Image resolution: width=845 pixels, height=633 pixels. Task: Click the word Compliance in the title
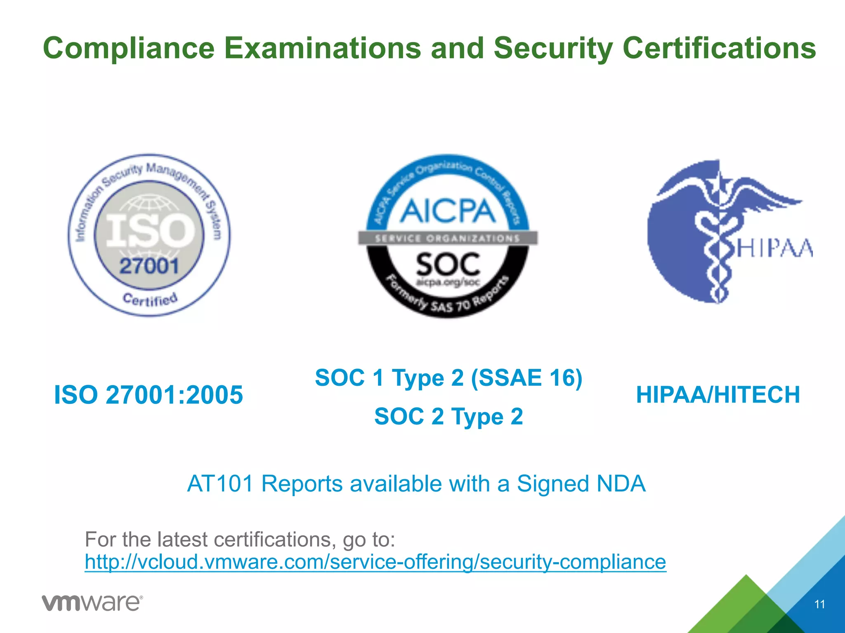click(129, 49)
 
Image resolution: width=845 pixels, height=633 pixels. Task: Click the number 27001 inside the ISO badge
click(149, 266)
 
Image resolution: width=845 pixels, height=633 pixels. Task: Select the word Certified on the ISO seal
click(150, 299)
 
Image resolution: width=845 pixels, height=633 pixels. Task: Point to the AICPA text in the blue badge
click(448, 211)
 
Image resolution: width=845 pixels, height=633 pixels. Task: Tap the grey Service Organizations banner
click(448, 238)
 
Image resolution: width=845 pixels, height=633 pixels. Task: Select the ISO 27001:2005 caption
click(149, 395)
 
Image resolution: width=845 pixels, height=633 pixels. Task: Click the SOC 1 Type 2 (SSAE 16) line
click(448, 377)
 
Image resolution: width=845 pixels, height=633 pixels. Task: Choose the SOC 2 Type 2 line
click(448, 416)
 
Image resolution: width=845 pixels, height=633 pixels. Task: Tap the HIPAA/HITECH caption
click(718, 395)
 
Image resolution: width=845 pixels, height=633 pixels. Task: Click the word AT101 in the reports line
click(220, 483)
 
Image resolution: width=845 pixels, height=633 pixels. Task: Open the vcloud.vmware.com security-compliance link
click(375, 562)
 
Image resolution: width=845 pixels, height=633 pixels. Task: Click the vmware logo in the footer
click(92, 603)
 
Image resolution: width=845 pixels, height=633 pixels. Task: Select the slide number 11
click(819, 604)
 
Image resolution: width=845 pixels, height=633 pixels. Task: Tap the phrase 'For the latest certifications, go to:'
click(240, 539)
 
